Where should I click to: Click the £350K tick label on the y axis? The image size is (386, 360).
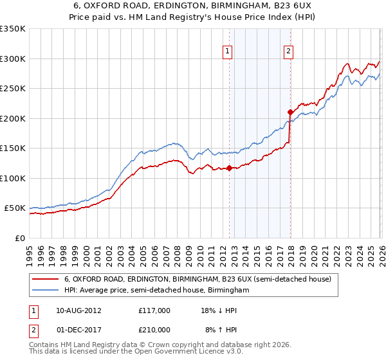(13, 29)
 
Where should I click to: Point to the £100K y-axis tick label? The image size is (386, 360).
(13, 178)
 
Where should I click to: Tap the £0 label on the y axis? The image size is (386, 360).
(20, 238)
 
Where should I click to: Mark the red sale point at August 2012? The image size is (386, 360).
(229, 168)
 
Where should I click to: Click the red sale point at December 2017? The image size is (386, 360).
(289, 113)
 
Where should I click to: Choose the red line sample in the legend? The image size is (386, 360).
(46, 280)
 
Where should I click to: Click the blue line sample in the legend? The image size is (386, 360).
(46, 291)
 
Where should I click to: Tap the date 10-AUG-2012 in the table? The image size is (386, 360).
(78, 310)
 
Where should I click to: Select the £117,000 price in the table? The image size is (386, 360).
(154, 310)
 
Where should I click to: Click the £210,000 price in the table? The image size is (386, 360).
(154, 329)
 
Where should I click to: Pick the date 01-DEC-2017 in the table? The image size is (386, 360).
(78, 329)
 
